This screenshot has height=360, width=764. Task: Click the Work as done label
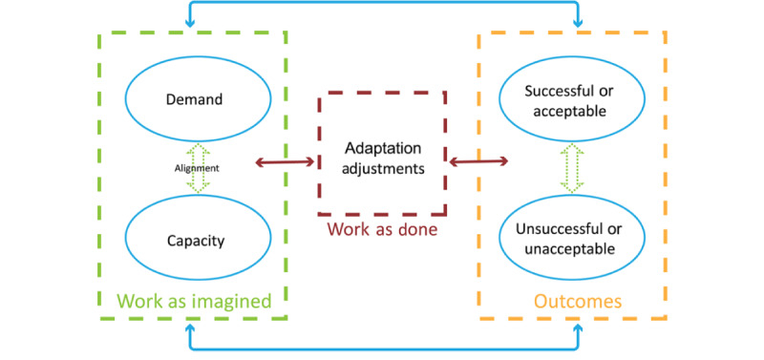(381, 230)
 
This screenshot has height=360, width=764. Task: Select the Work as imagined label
(194, 301)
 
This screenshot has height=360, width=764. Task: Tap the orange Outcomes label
(577, 301)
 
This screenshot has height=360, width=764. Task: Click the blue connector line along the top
(382, 5)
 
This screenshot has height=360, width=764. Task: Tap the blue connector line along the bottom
(382, 349)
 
